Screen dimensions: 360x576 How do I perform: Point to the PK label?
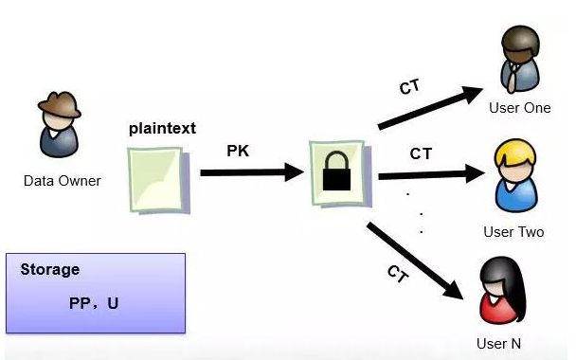click(239, 150)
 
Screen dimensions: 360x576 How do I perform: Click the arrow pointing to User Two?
click(431, 174)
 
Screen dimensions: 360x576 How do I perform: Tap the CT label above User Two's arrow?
click(423, 152)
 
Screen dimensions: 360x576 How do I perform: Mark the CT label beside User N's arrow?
click(398, 274)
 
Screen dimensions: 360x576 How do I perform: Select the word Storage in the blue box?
click(48, 269)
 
